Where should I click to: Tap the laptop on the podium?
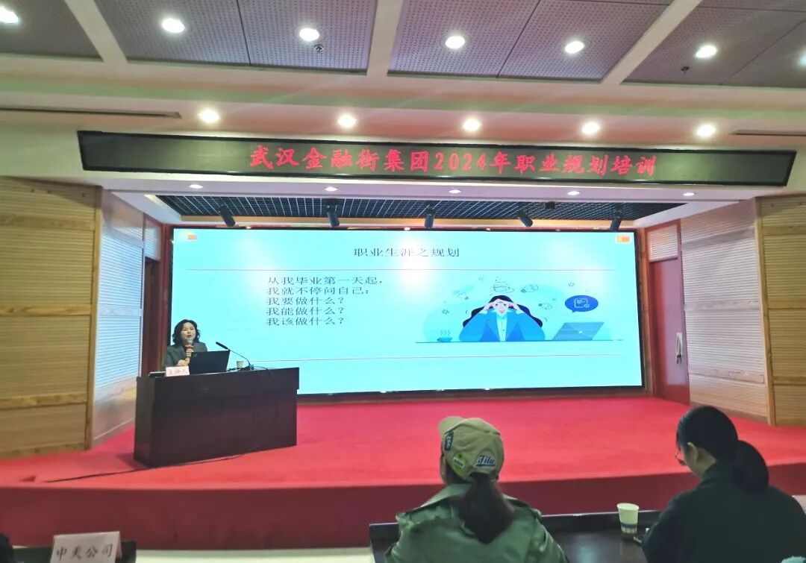click(208, 362)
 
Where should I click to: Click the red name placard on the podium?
click(178, 371)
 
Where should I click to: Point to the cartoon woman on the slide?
click(502, 319)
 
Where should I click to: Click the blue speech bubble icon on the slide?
click(581, 303)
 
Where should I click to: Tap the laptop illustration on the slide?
click(578, 331)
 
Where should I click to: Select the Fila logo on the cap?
click(486, 459)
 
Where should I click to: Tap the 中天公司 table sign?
click(86, 548)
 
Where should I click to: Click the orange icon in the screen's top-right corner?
click(623, 239)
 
